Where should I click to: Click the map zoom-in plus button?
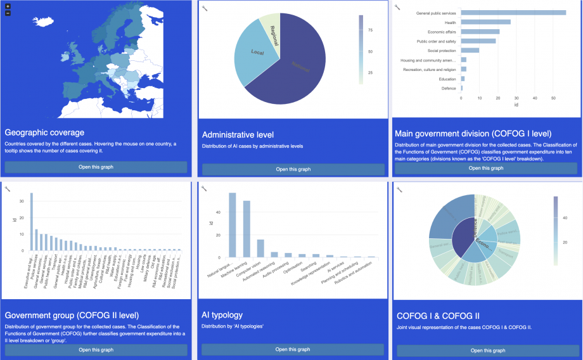click(x=8, y=6)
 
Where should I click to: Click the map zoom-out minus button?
click(x=8, y=13)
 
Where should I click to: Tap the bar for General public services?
click(x=513, y=13)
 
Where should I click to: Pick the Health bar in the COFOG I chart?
click(x=485, y=22)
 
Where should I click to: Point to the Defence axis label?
click(x=448, y=88)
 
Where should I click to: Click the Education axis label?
click(x=447, y=79)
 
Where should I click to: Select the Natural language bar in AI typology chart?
click(x=232, y=225)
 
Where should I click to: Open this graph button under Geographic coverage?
click(x=96, y=167)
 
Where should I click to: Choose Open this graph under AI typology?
click(x=293, y=349)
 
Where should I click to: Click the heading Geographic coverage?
click(x=44, y=132)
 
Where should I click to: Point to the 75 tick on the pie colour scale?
click(x=369, y=30)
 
